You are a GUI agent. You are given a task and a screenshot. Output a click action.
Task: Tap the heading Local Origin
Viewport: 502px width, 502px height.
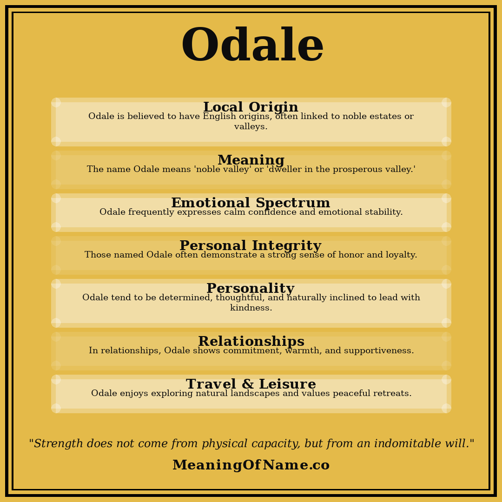point(251,107)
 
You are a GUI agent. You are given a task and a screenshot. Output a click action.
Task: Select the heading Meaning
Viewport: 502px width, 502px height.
point(251,160)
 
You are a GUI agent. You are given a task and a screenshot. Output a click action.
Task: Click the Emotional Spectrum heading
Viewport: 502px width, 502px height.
point(251,203)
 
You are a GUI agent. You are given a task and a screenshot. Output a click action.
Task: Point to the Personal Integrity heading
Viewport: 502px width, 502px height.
point(250,246)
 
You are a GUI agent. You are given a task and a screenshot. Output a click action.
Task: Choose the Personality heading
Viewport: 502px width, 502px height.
point(250,289)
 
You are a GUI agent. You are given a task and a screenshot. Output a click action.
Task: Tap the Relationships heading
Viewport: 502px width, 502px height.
point(251,342)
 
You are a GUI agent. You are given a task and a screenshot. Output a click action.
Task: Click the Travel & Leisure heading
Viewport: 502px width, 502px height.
point(251,384)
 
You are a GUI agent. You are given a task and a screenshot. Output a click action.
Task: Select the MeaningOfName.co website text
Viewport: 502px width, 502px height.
point(251,465)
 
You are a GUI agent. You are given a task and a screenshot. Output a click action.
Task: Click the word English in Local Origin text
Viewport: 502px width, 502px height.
point(220,117)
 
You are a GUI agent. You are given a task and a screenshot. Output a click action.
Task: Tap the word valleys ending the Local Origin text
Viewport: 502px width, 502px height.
point(250,127)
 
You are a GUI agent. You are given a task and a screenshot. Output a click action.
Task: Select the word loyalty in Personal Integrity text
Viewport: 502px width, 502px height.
point(399,255)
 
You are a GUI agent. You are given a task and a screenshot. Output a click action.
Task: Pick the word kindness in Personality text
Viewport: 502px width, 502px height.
point(251,308)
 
